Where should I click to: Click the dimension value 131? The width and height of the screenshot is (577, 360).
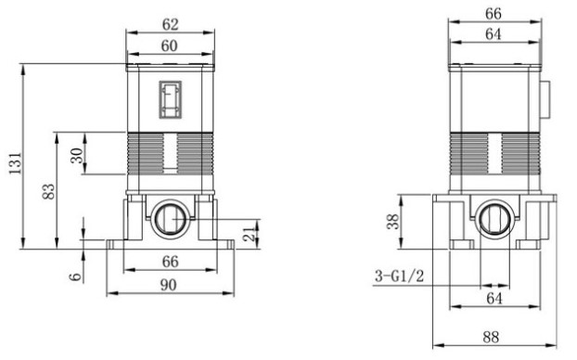click(x=16, y=163)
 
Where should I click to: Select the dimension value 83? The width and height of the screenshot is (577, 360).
click(x=48, y=191)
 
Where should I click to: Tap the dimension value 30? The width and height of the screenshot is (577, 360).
click(x=77, y=156)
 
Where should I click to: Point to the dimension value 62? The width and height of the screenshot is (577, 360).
click(x=170, y=25)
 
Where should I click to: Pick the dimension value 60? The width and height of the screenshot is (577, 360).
click(x=169, y=46)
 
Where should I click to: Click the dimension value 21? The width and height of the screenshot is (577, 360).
click(x=250, y=234)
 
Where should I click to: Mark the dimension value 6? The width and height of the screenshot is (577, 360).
click(x=75, y=276)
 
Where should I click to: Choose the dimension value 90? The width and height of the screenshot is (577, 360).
click(x=169, y=285)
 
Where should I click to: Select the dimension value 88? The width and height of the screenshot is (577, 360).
click(x=491, y=337)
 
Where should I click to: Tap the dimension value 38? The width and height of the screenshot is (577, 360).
click(x=393, y=222)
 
